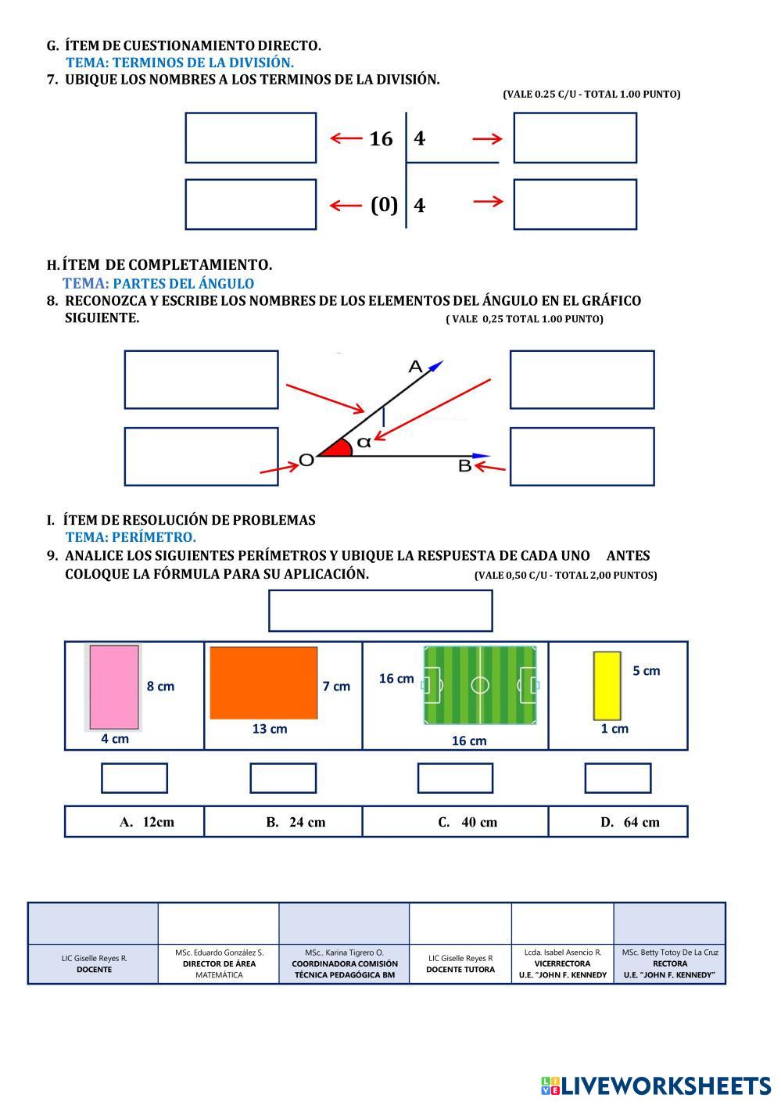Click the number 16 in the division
click(381, 139)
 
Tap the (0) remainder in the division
click(384, 205)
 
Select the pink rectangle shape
click(114, 687)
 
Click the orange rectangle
click(263, 683)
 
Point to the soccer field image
click(480, 685)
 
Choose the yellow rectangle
click(607, 686)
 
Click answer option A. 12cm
click(147, 822)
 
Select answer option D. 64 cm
click(630, 823)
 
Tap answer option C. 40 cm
click(468, 823)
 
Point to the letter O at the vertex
click(306, 460)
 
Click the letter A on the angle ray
click(415, 366)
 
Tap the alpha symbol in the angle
click(364, 442)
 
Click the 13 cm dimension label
click(270, 729)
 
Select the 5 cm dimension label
click(647, 671)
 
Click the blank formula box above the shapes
click(380, 611)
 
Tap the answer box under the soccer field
click(455, 778)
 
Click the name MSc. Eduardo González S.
click(220, 953)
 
